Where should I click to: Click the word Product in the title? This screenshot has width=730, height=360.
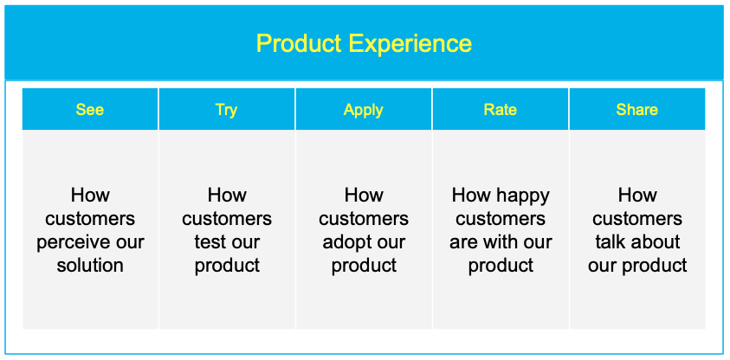pos(299,43)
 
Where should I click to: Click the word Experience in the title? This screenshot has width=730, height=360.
pos(410,44)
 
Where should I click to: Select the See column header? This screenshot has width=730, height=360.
pos(90,109)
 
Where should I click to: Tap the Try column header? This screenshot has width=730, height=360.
pos(226,109)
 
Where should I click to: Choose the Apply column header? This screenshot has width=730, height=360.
pos(364,109)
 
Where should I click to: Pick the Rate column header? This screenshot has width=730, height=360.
pos(501,109)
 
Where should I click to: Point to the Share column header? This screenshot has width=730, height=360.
pos(636,109)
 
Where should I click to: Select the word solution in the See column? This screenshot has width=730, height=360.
pos(90,266)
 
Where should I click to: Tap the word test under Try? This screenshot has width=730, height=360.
pos(210,242)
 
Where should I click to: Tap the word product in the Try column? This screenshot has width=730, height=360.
pos(227,266)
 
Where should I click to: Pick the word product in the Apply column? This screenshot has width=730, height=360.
pos(364,266)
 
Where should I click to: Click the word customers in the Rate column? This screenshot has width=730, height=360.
pos(501,219)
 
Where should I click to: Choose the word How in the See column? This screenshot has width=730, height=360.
pos(90,196)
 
